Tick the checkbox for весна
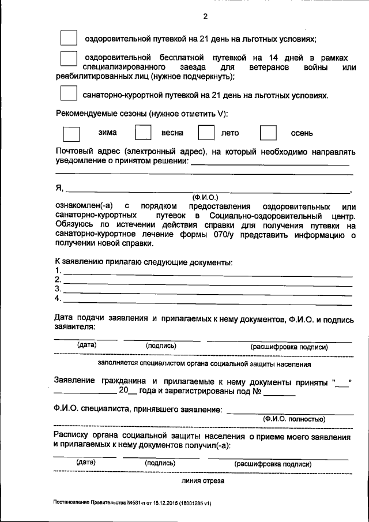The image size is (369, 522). pos(142,133)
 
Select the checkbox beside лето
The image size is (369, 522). pos(206,133)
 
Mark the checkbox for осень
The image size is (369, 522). pos(268,133)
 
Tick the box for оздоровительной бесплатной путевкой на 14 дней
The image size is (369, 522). pos(68,58)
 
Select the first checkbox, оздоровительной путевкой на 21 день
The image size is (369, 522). pos(68,38)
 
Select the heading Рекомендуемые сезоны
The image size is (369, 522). pos(141,113)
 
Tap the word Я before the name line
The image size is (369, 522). pos(58,189)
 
